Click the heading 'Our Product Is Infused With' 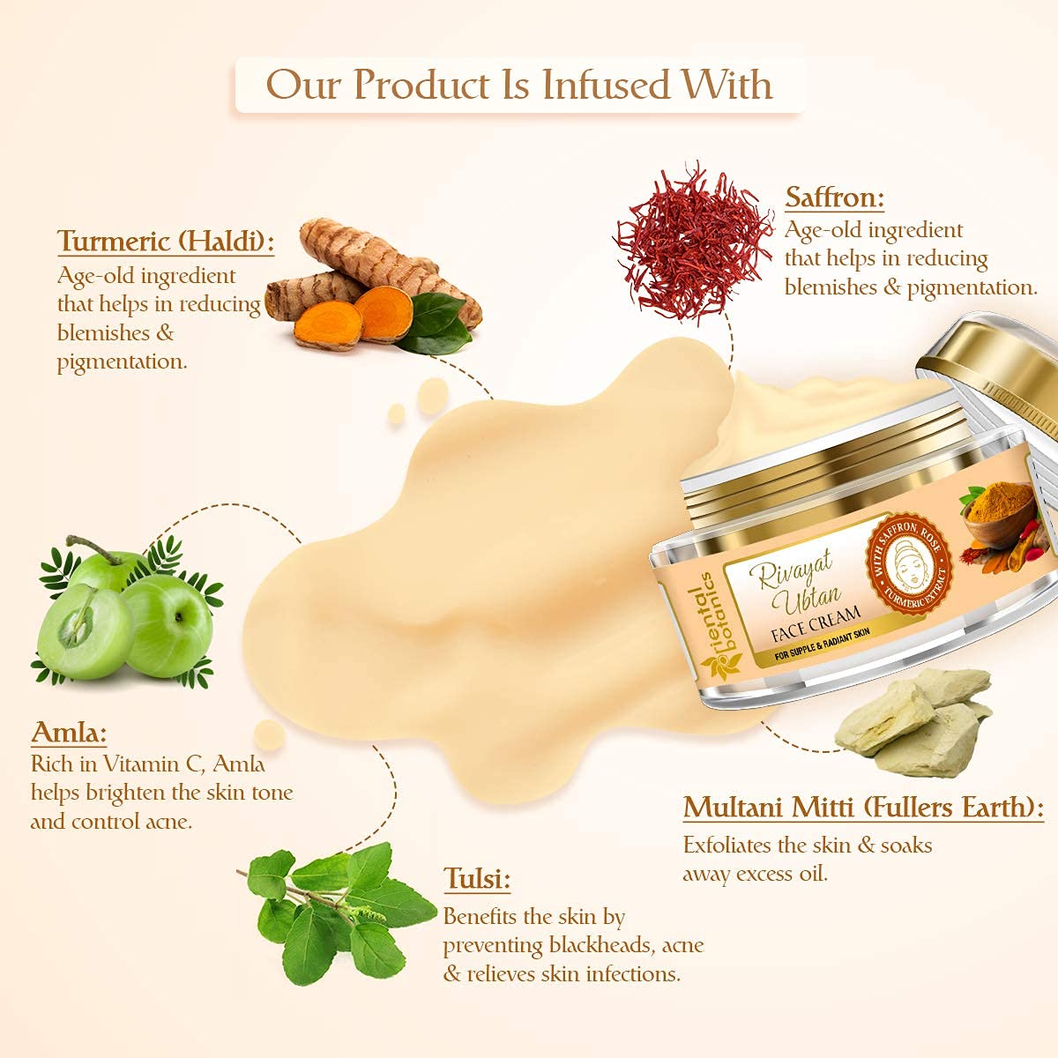519,85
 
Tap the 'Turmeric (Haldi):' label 166,241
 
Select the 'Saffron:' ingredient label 834,197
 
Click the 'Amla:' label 69,733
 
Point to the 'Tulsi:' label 477,879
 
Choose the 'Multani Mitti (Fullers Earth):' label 863,808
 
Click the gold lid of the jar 987,365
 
